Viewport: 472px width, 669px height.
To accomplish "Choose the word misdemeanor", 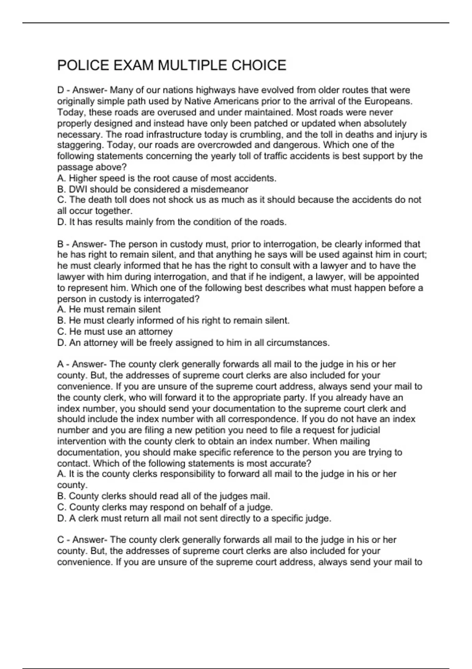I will click(x=219, y=189).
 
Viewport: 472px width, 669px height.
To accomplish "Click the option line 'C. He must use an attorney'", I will click(x=115, y=332).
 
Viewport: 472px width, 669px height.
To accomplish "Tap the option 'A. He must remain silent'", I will click(x=109, y=310).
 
